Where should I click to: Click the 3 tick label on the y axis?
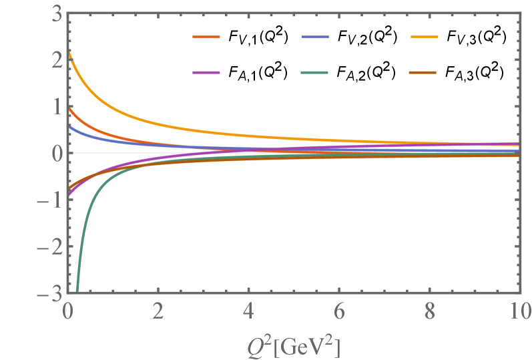[57, 13]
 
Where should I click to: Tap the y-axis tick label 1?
[57, 107]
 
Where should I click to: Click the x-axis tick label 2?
[158, 312]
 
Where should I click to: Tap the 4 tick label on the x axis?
[249, 312]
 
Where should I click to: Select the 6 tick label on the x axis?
[339, 312]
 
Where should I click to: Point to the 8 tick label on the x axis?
[430, 312]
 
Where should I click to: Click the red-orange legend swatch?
[206, 37]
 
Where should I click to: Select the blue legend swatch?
[315, 37]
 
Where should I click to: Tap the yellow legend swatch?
[424, 37]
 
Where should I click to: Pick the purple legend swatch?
[206, 71]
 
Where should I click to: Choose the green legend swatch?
[315, 71]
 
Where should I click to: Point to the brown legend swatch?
[424, 71]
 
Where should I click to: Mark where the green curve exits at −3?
[77, 293]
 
